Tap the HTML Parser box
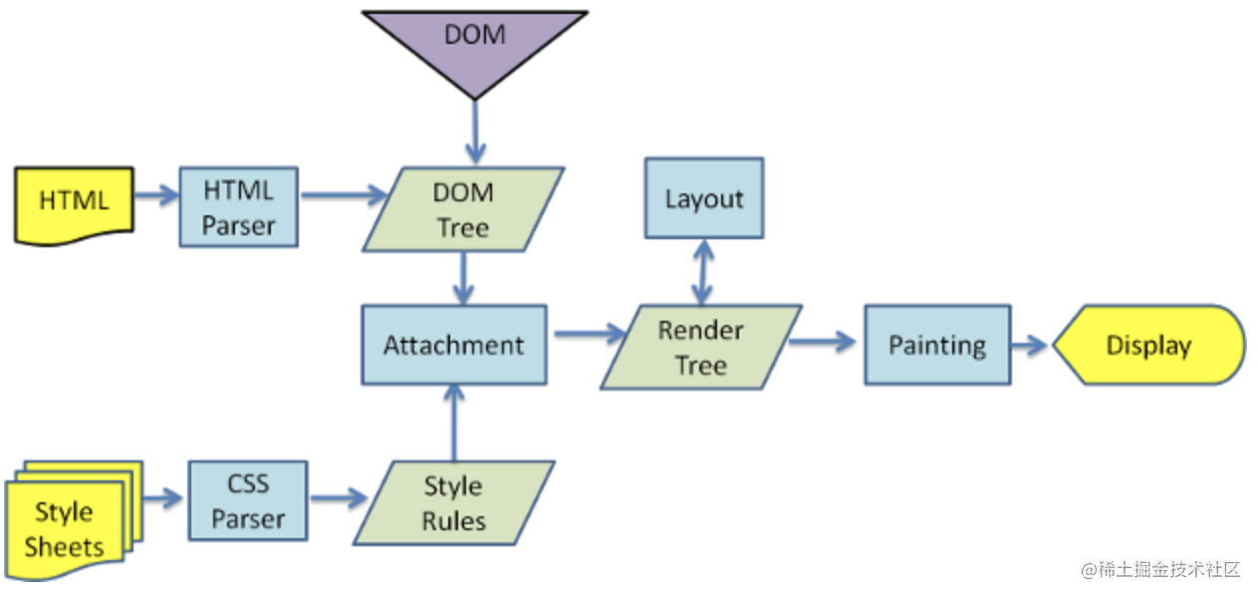tap(239, 207)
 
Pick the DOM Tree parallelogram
tap(464, 209)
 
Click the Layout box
tap(704, 198)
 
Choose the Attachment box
tap(454, 345)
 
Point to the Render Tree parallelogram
tap(701, 347)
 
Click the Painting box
tap(937, 345)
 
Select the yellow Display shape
tap(1148, 345)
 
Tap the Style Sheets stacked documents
tap(73, 520)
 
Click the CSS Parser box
tap(248, 500)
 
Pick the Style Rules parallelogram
tap(454, 503)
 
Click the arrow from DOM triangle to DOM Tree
tap(475, 133)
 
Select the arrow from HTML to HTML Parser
tap(156, 195)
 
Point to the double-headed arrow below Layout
tap(703, 272)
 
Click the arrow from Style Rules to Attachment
tap(454, 423)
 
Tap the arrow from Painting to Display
tap(1030, 345)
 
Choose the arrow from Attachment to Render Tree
tap(590, 334)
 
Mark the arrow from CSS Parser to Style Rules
tap(340, 498)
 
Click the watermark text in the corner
tap(1160, 569)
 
